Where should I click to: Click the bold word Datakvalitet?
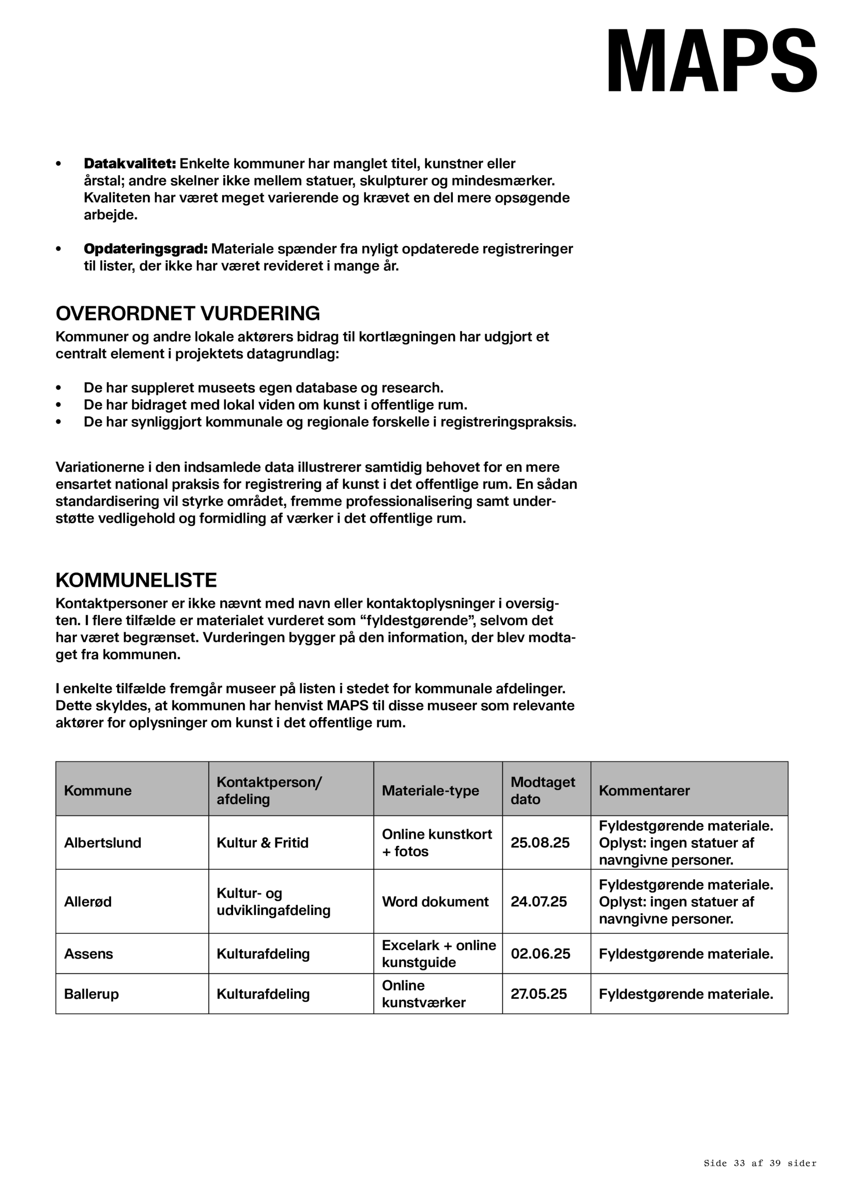point(130,163)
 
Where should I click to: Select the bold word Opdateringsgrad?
point(146,249)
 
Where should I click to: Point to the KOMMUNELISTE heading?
point(136,580)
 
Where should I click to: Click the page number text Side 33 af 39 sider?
point(760,1163)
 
